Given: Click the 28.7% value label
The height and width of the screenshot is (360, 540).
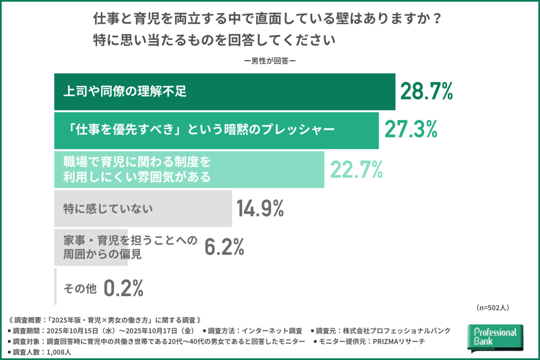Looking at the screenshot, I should tap(427, 92).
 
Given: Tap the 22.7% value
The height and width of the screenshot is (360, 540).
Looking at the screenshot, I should tap(356, 170).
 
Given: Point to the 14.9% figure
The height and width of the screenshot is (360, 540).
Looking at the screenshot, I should tap(261, 209).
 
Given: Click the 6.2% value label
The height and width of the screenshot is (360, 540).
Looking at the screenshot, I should tap(224, 247).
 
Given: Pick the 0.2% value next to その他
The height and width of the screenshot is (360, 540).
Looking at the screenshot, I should tap(123, 288).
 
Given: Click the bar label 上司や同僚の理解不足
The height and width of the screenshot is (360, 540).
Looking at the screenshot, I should tap(125, 92).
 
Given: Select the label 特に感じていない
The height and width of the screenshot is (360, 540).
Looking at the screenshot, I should tap(108, 209).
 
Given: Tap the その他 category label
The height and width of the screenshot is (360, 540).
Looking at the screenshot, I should tap(80, 288).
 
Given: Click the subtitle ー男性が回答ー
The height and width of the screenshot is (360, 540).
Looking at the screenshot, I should tap(269, 61).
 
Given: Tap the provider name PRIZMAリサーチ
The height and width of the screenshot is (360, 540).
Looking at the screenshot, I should tap(401, 342).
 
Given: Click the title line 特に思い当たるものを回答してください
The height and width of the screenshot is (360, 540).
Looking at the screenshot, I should tap(214, 40).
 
